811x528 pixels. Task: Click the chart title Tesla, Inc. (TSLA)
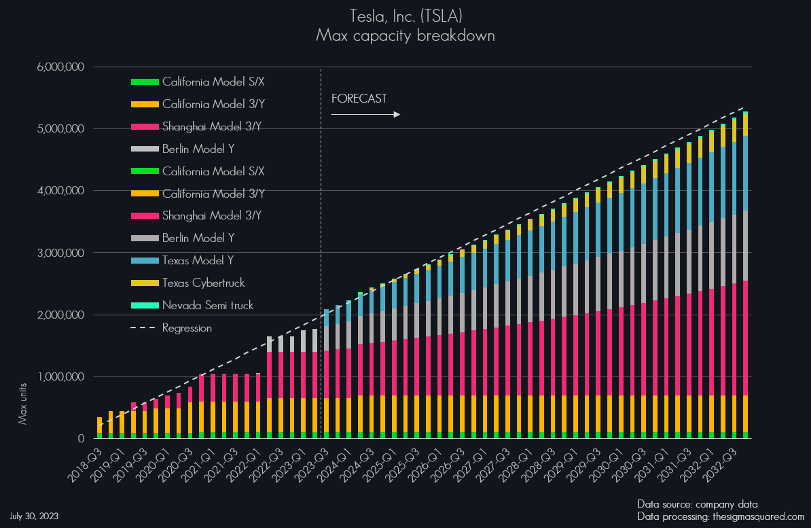405,15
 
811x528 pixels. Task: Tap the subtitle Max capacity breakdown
405,35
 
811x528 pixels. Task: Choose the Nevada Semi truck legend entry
207,305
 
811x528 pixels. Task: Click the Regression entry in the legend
187,328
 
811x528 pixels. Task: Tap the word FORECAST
359,99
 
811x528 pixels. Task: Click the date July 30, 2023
34,516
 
